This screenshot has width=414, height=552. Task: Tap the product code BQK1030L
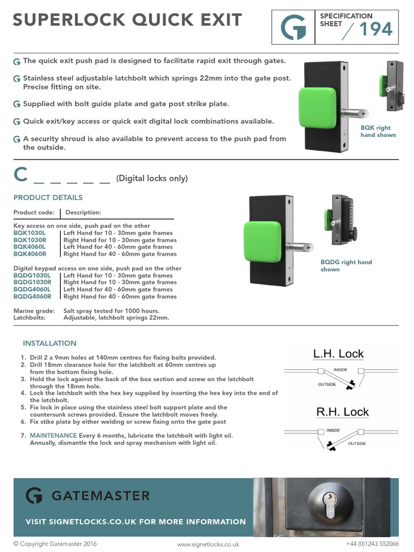[30, 233]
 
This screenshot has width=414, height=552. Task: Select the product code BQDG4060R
[32, 296]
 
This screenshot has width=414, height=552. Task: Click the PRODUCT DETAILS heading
[48, 198]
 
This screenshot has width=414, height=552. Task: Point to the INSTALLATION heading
[50, 343]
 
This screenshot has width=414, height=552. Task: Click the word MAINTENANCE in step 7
[53, 435]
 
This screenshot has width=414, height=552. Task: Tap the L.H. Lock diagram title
[339, 354]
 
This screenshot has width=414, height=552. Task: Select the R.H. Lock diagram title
[342, 412]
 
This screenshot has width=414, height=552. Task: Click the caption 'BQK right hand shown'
[378, 132]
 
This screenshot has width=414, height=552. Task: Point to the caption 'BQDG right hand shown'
[346, 266]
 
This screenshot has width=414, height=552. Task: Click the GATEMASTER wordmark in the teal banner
[101, 495]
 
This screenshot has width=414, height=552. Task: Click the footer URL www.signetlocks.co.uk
[208, 544]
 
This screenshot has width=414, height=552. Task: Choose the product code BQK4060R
[30, 254]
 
